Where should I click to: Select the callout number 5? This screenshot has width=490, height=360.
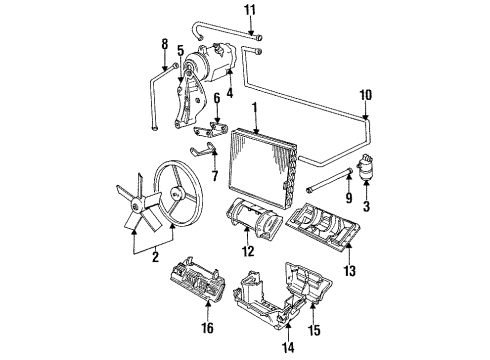180,50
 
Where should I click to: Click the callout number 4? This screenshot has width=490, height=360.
229,96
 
